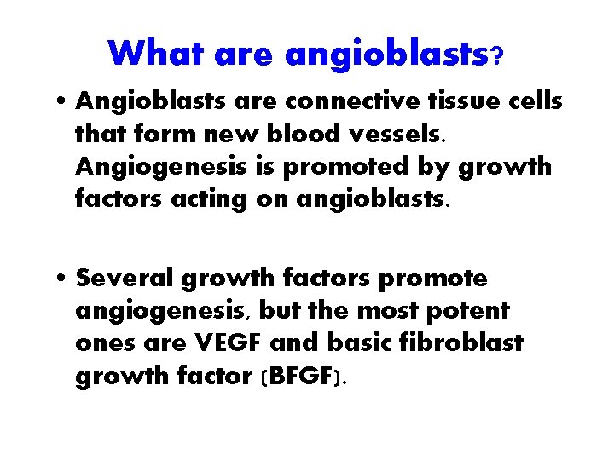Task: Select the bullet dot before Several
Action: [64, 279]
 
